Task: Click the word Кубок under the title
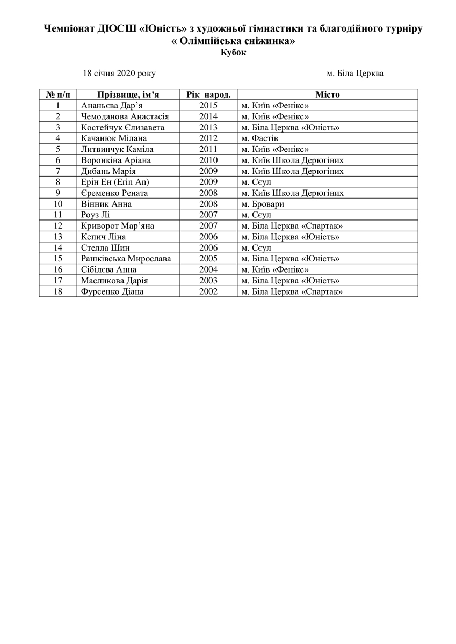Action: point(233,53)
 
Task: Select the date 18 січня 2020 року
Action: point(119,73)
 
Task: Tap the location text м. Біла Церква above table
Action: point(355,73)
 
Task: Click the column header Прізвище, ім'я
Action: point(128,94)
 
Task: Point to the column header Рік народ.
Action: point(208,94)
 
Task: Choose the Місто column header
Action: point(327,94)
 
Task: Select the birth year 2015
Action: point(208,106)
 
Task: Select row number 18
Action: point(58,291)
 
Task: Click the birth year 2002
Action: point(208,291)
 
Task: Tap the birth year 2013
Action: point(208,127)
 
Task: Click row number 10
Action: point(58,204)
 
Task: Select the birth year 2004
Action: point(208,269)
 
